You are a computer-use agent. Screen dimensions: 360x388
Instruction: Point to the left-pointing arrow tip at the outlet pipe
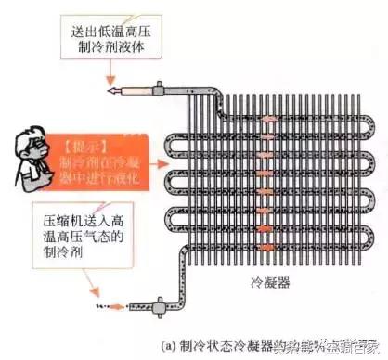(110, 91)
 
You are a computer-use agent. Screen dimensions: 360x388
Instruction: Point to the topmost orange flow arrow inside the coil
(269, 120)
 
